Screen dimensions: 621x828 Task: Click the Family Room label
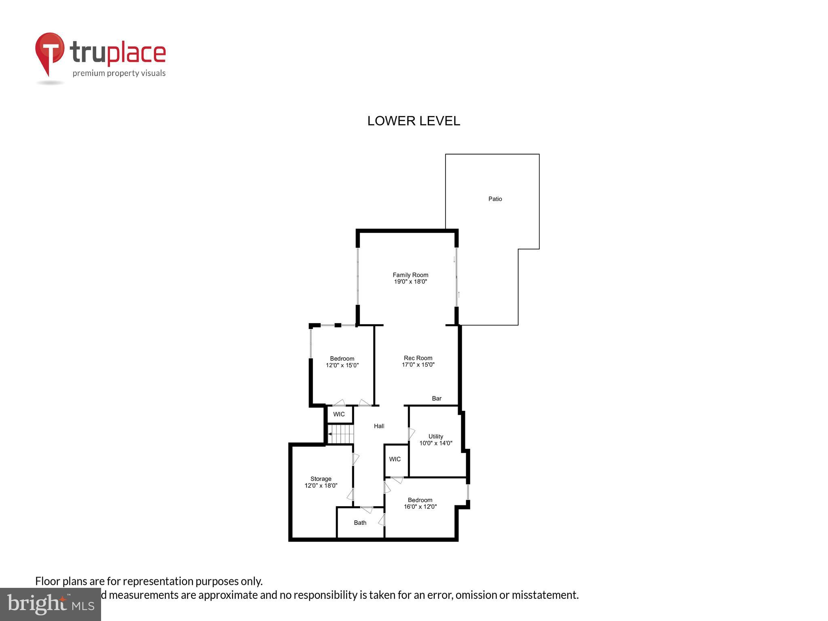tap(410, 275)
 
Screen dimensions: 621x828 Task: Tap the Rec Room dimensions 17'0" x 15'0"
tap(418, 365)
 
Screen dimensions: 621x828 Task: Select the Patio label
tap(495, 199)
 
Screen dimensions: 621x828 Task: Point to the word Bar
tap(437, 399)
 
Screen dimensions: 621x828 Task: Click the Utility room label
tap(435, 437)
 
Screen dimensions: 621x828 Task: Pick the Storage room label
tap(321, 479)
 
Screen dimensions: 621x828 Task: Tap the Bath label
tap(360, 523)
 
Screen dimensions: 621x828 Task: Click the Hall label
tap(379, 426)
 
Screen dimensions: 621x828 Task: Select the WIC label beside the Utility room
tap(395, 459)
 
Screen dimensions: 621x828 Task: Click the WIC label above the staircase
tap(339, 414)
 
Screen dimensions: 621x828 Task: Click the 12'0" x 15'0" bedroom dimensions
tap(342, 365)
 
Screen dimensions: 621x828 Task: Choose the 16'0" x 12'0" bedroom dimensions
tap(420, 507)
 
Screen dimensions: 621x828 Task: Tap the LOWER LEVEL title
tap(414, 121)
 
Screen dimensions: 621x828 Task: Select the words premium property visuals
tap(119, 74)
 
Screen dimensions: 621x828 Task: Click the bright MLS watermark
tap(51, 604)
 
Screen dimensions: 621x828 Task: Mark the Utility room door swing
tap(411, 434)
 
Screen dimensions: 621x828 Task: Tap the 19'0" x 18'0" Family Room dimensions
tap(410, 282)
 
